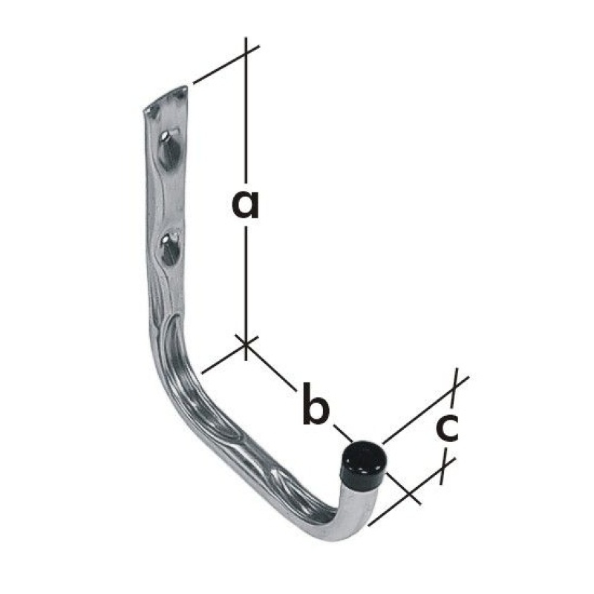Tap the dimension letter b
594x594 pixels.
coord(316,405)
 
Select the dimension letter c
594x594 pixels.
coord(446,428)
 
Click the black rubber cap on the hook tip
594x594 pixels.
coord(364,462)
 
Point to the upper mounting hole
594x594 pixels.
coord(170,148)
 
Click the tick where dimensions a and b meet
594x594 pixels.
coord(246,343)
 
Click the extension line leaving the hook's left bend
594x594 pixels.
coord(223,357)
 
